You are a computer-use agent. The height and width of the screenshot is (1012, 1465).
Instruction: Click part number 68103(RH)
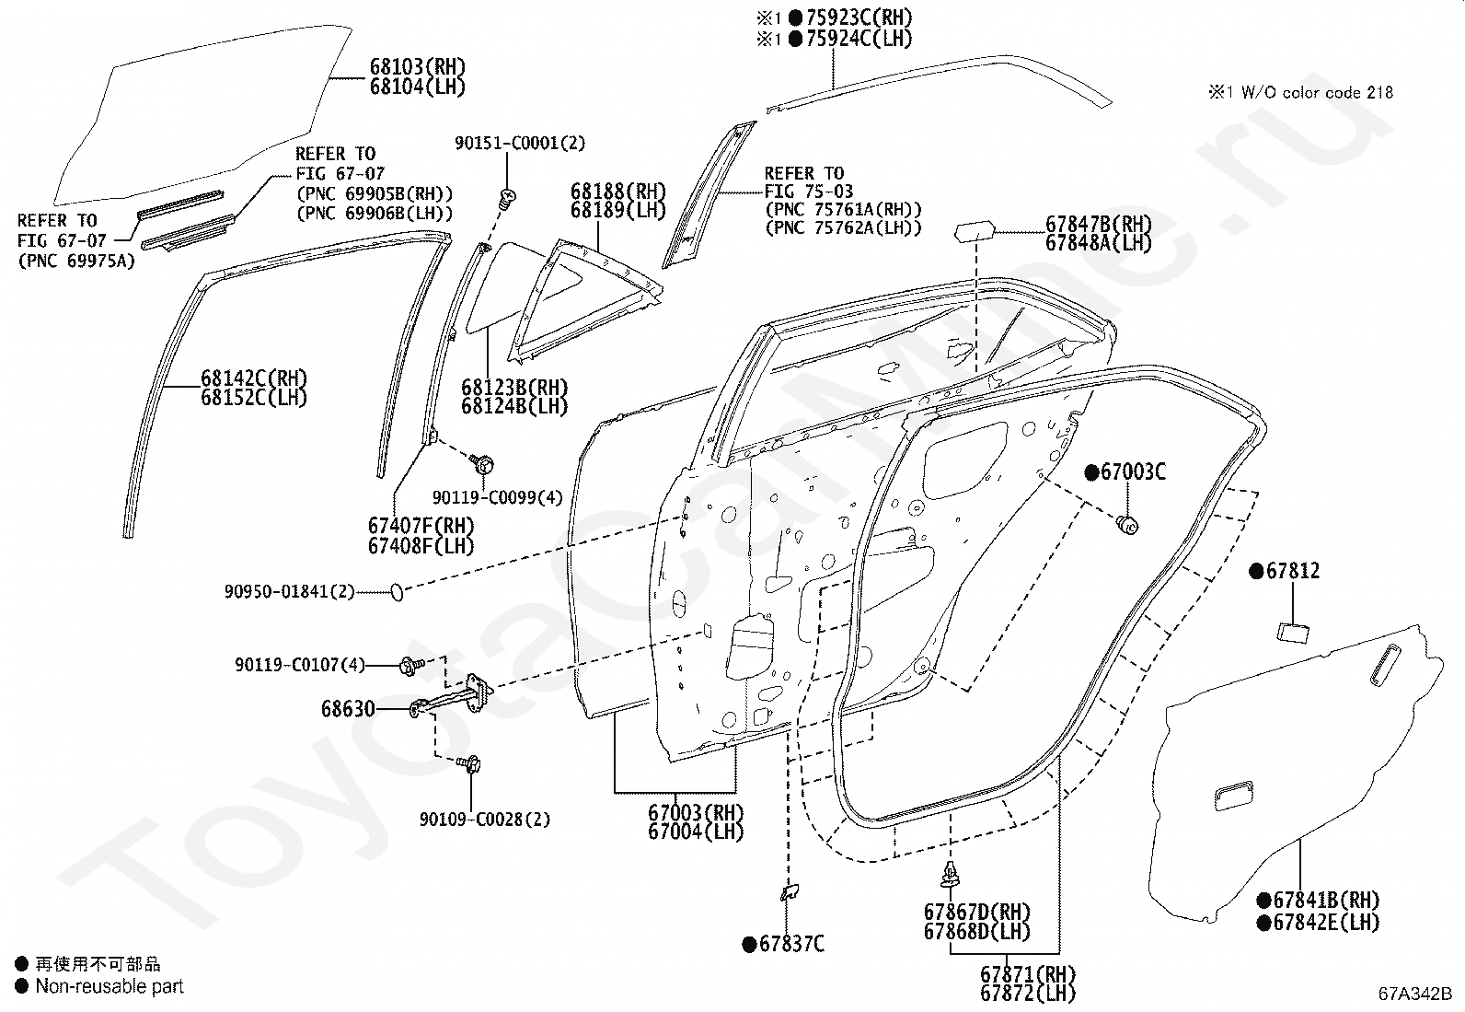[417, 67]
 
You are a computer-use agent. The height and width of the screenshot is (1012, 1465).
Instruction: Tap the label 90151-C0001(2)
[520, 143]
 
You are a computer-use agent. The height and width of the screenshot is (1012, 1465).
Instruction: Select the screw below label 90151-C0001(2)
[507, 198]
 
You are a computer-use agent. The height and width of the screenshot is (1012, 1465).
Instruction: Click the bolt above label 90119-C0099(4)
[482, 465]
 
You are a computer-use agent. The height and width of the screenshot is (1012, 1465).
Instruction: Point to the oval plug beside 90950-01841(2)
[397, 592]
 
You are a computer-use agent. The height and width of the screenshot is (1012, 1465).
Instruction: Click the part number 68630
[348, 709]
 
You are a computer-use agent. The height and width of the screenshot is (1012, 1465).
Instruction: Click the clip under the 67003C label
[1127, 524]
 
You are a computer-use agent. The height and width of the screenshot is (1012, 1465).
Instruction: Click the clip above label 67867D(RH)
[950, 875]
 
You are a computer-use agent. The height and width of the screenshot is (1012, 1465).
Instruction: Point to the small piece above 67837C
[790, 892]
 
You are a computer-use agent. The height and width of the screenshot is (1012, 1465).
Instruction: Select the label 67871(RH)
[1028, 974]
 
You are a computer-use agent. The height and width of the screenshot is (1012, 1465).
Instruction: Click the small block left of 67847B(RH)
[975, 232]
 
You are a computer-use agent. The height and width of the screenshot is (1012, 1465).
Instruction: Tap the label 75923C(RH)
[859, 17]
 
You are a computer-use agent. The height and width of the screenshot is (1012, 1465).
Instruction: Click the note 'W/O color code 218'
[1317, 93]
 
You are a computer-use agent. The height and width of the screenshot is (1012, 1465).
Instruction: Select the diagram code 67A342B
[1414, 994]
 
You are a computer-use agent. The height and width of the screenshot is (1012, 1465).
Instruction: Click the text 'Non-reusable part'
[110, 986]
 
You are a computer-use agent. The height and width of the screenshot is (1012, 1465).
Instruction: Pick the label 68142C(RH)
[254, 378]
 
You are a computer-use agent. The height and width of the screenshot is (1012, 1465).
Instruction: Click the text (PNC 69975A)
[75, 262]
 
